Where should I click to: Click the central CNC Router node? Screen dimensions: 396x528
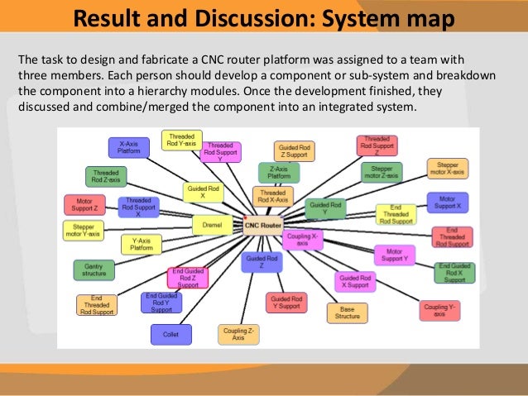click(x=264, y=222)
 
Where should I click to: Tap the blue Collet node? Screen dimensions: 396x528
click(x=170, y=334)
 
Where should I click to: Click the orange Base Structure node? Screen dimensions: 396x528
click(x=347, y=313)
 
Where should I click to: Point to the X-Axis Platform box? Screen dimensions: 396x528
click(x=128, y=147)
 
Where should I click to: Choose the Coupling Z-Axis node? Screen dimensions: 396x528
click(x=239, y=334)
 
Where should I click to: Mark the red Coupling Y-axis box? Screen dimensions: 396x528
click(x=440, y=311)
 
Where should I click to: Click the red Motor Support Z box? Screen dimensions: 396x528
click(x=84, y=204)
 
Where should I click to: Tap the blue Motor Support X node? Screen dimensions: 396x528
click(x=448, y=203)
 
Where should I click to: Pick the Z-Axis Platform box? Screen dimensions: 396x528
click(x=279, y=172)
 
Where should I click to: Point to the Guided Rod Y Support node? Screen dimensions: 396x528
click(x=286, y=302)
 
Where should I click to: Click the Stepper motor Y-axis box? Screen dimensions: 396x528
click(x=83, y=230)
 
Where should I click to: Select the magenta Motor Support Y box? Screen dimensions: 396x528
click(x=395, y=255)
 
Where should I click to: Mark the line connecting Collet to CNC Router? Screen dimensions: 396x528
click(x=217, y=279)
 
